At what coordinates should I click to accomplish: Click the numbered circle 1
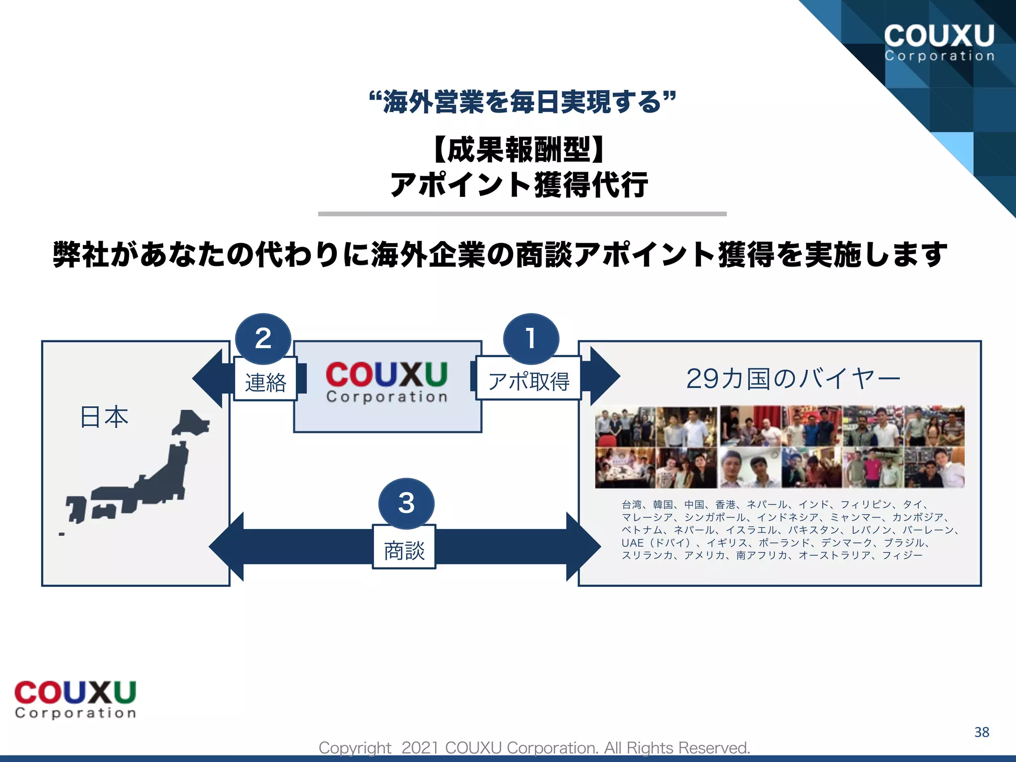coord(531,339)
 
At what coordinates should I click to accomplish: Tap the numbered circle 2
coord(263,339)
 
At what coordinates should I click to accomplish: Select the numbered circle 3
coord(406,503)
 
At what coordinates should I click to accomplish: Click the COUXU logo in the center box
coord(387,381)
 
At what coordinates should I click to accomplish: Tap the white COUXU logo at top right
coord(939,43)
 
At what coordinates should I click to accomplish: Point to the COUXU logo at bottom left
coord(75,699)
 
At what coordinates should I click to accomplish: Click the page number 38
coord(981,732)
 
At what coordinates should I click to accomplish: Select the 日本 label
coord(104,417)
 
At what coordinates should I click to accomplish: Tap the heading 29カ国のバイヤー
coord(793,379)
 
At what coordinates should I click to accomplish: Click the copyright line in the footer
coord(534,747)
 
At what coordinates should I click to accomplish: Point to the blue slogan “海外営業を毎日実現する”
coord(522,102)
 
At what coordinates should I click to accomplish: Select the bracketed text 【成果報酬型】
coord(519,149)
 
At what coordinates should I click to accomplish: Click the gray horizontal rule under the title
coord(522,214)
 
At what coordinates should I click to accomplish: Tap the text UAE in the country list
coord(633,543)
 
